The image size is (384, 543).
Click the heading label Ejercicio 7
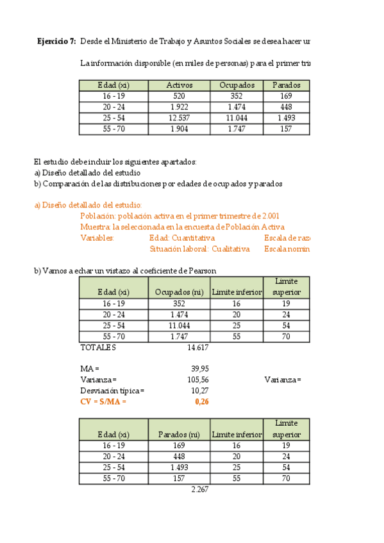(56, 42)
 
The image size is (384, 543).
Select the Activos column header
(179, 85)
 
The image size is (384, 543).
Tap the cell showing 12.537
(179, 118)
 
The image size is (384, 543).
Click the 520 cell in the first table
(179, 96)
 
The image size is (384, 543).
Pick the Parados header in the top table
(286, 85)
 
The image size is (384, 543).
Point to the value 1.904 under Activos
(179, 129)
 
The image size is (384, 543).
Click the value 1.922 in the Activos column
(179, 107)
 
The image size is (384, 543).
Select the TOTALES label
(97, 347)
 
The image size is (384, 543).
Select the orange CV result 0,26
(201, 402)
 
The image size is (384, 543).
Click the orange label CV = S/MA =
(103, 402)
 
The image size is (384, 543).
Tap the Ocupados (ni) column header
(179, 293)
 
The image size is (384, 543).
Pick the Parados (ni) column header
(179, 435)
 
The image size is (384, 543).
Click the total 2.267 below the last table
(200, 489)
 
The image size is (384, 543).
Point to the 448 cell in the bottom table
(179, 457)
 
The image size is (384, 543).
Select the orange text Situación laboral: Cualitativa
(199, 249)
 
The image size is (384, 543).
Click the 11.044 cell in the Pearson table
(179, 325)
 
